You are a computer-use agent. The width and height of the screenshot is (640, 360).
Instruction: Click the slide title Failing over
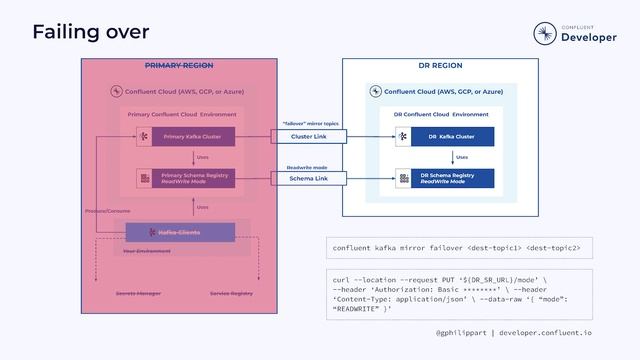pyautogui.click(x=90, y=32)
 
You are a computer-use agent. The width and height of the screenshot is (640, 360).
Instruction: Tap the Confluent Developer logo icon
pyautogui.click(x=545, y=33)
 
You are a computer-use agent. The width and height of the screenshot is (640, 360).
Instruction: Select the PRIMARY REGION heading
pyautogui.click(x=179, y=66)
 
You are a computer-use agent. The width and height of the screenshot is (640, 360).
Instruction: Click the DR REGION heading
pyautogui.click(x=440, y=66)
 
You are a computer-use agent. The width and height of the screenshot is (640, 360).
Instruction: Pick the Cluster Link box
pyautogui.click(x=308, y=137)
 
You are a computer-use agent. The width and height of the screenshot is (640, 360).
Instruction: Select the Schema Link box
pyautogui.click(x=308, y=179)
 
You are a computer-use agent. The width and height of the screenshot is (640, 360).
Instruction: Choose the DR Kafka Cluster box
pyautogui.click(x=452, y=137)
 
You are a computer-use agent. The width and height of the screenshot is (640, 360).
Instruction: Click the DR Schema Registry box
pyautogui.click(x=452, y=179)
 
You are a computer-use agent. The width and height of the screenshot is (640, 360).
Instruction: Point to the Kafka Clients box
pyautogui.click(x=180, y=232)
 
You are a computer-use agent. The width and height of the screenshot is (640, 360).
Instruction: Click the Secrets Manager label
pyautogui.click(x=138, y=294)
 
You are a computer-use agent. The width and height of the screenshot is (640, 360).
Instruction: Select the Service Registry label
pyautogui.click(x=231, y=294)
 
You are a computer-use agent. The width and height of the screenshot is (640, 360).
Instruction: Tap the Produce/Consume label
pyautogui.click(x=107, y=212)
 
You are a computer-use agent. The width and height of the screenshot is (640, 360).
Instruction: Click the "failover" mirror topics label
pyautogui.click(x=311, y=124)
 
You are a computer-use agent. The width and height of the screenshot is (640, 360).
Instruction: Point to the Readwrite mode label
pyautogui.click(x=307, y=167)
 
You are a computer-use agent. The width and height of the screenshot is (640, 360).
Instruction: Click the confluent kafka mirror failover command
pyautogui.click(x=456, y=248)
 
